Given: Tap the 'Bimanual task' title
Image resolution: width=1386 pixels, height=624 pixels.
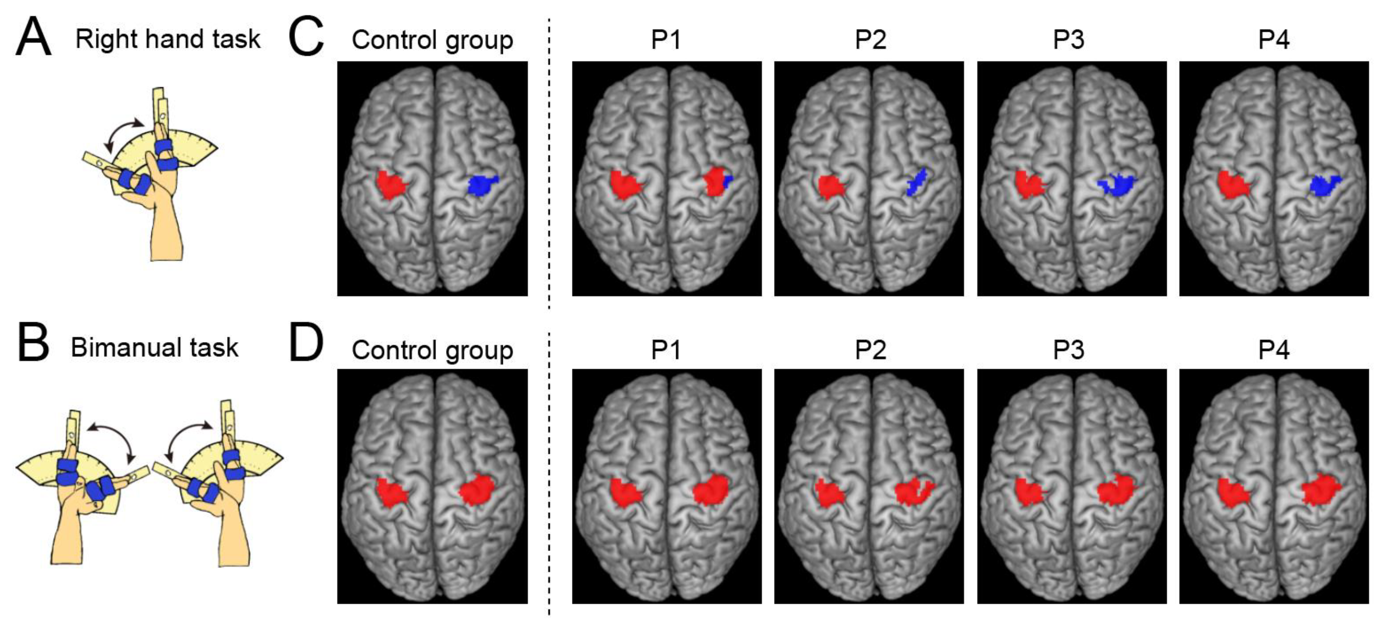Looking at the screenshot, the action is tap(155, 347).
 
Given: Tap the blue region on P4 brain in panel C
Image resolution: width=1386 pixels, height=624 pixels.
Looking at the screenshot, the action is tap(1324, 185).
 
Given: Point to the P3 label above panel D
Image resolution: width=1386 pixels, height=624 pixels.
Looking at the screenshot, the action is tap(1068, 350).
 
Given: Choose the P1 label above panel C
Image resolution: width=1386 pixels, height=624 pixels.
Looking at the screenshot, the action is tap(666, 40).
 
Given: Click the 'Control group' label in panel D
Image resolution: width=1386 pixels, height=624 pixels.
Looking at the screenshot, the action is tap(432, 350).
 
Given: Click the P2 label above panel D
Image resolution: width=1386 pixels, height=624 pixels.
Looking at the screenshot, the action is tap(870, 350).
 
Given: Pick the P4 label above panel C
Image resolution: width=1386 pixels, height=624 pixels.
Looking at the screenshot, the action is tap(1274, 40).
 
